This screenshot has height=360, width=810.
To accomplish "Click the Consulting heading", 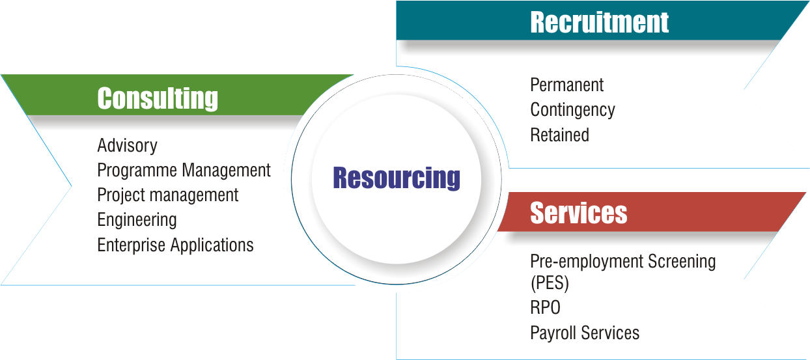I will (158, 99).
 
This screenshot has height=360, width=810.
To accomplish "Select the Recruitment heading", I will (599, 22).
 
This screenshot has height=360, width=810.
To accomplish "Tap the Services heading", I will (578, 213).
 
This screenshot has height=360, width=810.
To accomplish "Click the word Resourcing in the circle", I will (396, 178).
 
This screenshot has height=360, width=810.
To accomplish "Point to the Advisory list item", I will (127, 145).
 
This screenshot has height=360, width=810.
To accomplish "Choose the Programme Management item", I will (184, 171).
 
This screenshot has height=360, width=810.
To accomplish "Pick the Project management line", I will (167, 195).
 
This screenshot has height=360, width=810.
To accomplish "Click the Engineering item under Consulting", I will (137, 220).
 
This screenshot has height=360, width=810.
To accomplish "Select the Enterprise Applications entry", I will (175, 245).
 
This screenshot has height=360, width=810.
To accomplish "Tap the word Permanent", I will (566, 85).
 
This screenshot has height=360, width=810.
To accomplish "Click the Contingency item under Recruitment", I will (572, 110).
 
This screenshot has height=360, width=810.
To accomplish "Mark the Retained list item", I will (559, 135).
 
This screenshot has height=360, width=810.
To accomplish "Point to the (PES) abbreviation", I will (550, 284).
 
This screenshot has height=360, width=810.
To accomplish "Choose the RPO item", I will (545, 307).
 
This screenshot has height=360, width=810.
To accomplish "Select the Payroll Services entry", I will (585, 333).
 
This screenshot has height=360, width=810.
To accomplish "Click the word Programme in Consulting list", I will (137, 171).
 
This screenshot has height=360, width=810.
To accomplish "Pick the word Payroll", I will (551, 333).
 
